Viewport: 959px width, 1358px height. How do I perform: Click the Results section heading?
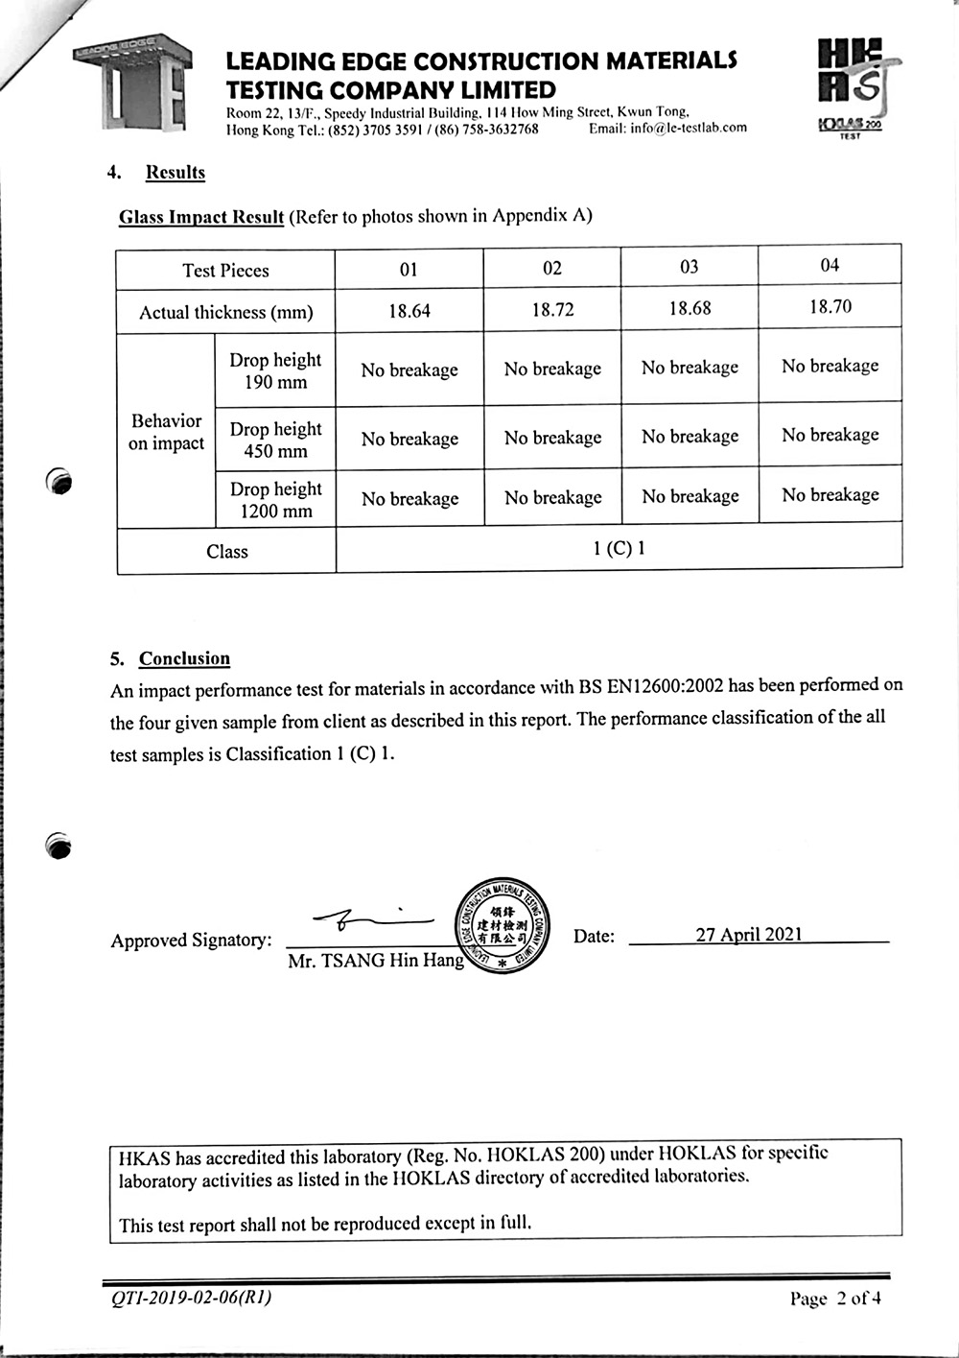point(175,173)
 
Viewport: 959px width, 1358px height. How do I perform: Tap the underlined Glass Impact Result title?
point(201,217)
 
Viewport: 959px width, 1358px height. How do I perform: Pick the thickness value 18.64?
point(409,311)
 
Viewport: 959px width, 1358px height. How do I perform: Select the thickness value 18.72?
point(552,310)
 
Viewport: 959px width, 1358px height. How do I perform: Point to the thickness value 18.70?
point(830,307)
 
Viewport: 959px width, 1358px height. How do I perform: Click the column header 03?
point(689,267)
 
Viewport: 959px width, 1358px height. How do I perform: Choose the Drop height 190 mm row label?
point(275,370)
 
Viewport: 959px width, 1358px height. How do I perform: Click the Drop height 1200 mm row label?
point(275,500)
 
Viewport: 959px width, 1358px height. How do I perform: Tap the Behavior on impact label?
point(167,432)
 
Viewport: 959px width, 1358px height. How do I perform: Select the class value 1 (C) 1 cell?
point(619,549)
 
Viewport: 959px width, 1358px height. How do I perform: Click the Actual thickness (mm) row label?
point(226,312)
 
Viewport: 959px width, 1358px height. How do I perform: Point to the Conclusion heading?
point(184,658)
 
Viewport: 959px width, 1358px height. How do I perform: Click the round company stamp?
point(502,925)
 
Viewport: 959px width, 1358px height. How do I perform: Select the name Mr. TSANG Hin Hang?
point(376,961)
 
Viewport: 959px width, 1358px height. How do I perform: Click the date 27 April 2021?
point(749,935)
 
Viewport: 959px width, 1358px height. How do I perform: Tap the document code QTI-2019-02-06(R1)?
point(192,1298)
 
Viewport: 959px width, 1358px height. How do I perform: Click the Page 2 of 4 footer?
point(835,1299)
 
